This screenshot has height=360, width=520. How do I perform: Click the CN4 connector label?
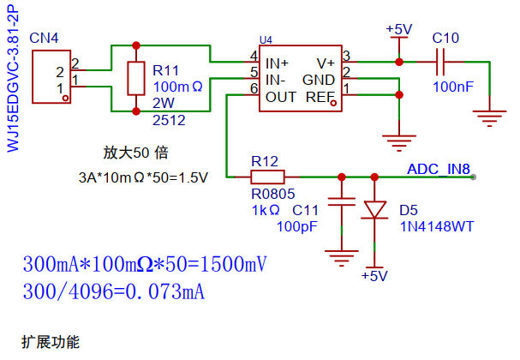[44, 39]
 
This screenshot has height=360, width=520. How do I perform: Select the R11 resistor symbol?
[136, 78]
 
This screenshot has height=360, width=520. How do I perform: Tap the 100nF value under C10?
[453, 87]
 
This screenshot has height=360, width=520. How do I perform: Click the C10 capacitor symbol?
[440, 62]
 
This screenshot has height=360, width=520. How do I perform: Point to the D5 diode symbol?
[374, 210]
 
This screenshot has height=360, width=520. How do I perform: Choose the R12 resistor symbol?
[267, 177]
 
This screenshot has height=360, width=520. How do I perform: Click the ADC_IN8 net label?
[439, 169]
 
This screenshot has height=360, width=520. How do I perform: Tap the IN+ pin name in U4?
[278, 63]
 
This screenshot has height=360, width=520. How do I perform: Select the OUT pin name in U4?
[281, 97]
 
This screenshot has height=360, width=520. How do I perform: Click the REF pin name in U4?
[320, 97]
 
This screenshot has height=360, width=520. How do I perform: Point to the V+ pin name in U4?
[326, 63]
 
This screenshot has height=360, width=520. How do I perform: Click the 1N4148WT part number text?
[437, 226]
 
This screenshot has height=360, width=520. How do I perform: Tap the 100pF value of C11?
[296, 226]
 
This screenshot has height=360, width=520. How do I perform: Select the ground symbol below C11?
[342, 258]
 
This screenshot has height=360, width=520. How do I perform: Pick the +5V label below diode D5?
[374, 276]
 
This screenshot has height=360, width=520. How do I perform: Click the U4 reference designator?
[266, 40]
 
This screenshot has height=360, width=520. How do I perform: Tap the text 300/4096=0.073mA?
[114, 291]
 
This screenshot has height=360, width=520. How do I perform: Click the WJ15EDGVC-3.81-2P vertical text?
[13, 78]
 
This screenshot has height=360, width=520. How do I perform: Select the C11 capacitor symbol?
[342, 201]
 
